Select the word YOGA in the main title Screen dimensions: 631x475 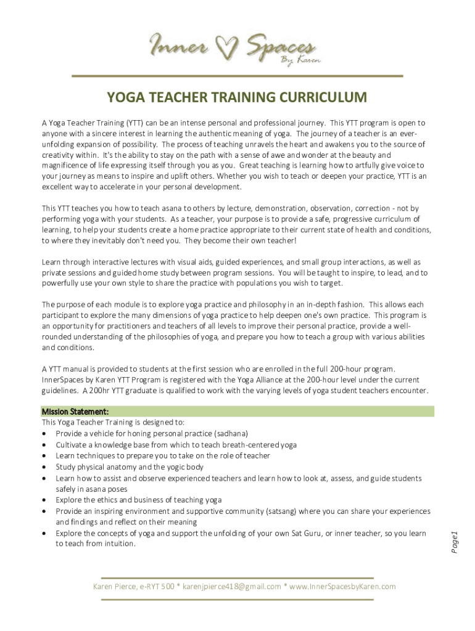[x=127, y=98]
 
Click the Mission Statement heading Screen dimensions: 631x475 [x=75, y=411]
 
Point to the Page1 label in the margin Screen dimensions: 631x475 [x=454, y=541]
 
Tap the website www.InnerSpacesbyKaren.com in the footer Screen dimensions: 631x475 [x=342, y=586]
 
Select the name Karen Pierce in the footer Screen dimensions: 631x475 [x=115, y=586]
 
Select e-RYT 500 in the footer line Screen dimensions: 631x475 [x=157, y=586]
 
